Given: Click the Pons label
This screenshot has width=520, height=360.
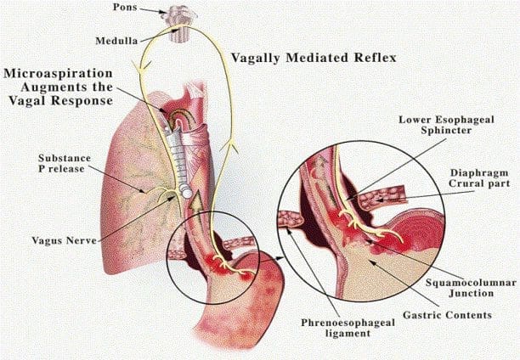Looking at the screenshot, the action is click(x=125, y=7).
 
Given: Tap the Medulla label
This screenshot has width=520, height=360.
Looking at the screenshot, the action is click(x=116, y=41).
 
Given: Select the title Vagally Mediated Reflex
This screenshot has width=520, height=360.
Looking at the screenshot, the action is click(x=314, y=58).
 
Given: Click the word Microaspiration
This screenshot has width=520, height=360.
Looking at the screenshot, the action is click(x=58, y=73).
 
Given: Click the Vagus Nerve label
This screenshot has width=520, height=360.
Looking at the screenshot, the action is click(x=64, y=240).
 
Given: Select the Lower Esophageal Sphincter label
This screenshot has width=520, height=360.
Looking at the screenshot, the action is click(x=446, y=125).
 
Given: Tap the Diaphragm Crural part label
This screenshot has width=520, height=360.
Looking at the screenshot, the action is click(x=479, y=178).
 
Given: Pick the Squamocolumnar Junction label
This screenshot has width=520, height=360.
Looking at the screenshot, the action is click(x=471, y=288).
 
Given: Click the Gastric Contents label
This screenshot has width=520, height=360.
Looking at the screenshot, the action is click(x=447, y=315).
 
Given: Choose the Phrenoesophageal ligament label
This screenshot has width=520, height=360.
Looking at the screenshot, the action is click(x=348, y=328).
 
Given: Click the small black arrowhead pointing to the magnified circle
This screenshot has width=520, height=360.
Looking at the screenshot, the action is click(x=281, y=257).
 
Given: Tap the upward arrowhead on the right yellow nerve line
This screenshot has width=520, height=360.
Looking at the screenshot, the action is click(x=231, y=146).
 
